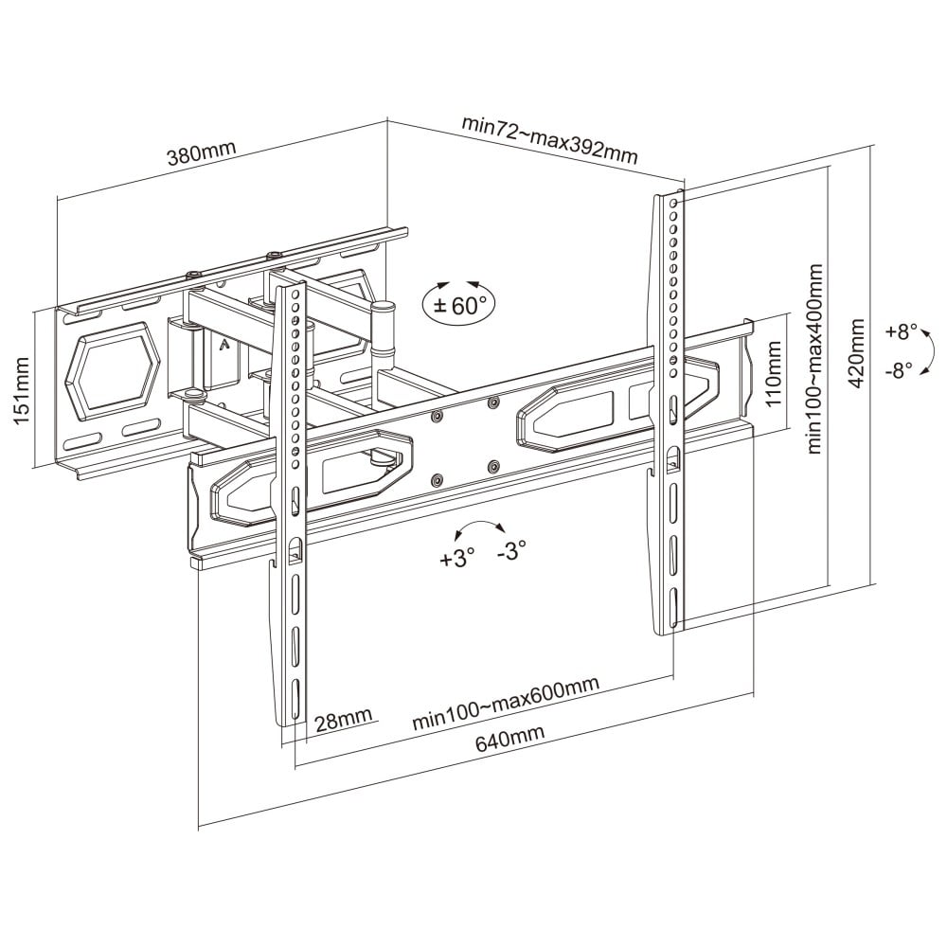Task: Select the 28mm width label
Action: click(x=343, y=721)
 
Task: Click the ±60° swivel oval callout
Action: click(x=458, y=304)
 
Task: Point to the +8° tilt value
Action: click(x=902, y=332)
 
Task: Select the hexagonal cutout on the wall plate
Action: click(x=111, y=369)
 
